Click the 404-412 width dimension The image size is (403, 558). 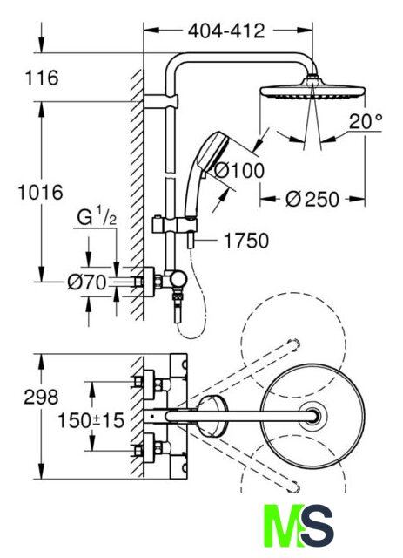226,31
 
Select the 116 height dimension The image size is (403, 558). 42,78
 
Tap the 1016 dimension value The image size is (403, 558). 41,193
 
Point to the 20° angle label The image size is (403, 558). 366,122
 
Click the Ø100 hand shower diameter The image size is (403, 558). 239,171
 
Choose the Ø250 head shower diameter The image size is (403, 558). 312,199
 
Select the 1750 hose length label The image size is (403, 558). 246,241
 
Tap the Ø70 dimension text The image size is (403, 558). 87,282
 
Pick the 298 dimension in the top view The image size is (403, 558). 41,397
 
